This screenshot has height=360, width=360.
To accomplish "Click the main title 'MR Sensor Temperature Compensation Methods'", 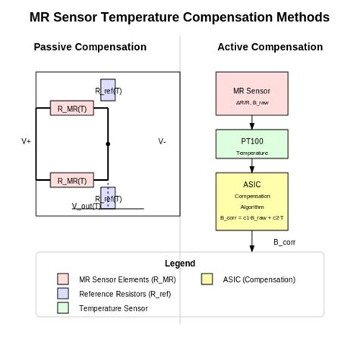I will click(179, 17).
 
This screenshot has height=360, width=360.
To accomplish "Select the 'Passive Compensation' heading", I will click(90, 47).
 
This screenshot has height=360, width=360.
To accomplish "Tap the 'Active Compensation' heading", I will click(270, 47).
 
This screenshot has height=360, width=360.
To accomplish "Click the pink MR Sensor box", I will click(251, 93).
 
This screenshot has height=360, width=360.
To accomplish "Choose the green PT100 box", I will click(251, 144).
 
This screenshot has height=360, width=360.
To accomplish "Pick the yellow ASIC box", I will click(251, 201).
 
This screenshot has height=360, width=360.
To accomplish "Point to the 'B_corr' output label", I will click(284, 242).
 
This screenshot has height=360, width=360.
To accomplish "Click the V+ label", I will click(26, 141).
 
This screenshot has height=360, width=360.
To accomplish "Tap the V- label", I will click(162, 141).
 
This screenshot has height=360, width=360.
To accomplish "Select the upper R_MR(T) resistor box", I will click(71, 108).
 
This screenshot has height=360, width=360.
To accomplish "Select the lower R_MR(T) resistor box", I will click(71, 180).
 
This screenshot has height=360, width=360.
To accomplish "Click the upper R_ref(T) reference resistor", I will click(108, 90).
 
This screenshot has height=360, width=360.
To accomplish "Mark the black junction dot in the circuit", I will click(108, 144).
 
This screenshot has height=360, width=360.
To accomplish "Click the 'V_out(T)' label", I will click(87, 206).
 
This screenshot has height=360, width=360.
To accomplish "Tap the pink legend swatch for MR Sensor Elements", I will click(63, 279).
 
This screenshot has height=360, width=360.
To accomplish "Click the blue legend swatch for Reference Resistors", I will click(63, 293).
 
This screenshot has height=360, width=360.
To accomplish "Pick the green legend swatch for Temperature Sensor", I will click(63, 308).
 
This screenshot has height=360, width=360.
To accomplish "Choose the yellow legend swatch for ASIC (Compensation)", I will click(207, 279).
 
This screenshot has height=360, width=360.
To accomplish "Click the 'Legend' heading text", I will click(179, 264).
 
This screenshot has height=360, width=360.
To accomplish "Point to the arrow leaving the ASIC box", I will click(251, 240).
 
